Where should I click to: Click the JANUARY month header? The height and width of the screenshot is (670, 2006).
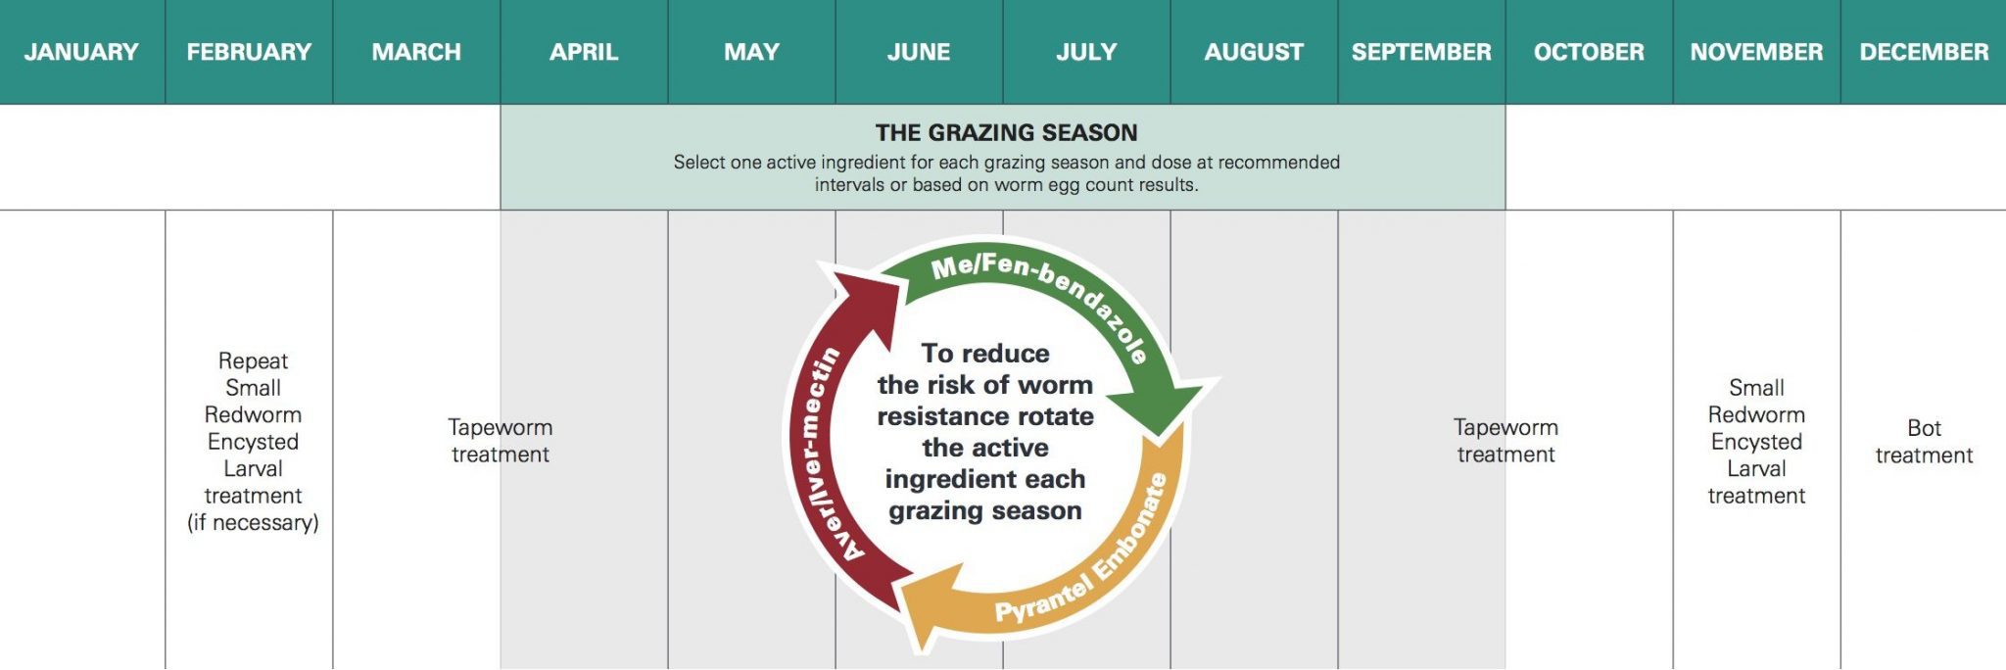point(81,52)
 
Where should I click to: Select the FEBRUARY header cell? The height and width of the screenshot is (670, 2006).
point(249,52)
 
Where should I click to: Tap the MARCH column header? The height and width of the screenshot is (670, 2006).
point(416,52)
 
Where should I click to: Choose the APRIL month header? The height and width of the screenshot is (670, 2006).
point(584,52)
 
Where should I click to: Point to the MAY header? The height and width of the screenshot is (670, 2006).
point(751,52)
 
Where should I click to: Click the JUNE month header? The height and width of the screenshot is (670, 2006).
point(919,52)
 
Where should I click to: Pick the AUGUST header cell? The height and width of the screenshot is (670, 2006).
point(1254,52)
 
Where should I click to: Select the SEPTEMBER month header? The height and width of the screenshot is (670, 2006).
point(1421,52)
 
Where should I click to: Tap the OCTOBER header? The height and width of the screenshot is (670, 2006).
point(1589,52)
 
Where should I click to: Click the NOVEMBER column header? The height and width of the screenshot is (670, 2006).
point(1756,52)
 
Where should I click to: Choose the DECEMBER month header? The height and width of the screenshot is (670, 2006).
point(1924,52)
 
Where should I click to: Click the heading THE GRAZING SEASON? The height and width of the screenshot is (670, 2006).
point(1006,132)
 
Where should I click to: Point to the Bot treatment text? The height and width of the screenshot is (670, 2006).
point(1924,442)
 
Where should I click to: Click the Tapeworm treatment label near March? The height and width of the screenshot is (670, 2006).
point(501,441)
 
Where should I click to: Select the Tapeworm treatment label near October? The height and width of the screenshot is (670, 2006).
point(1505,441)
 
